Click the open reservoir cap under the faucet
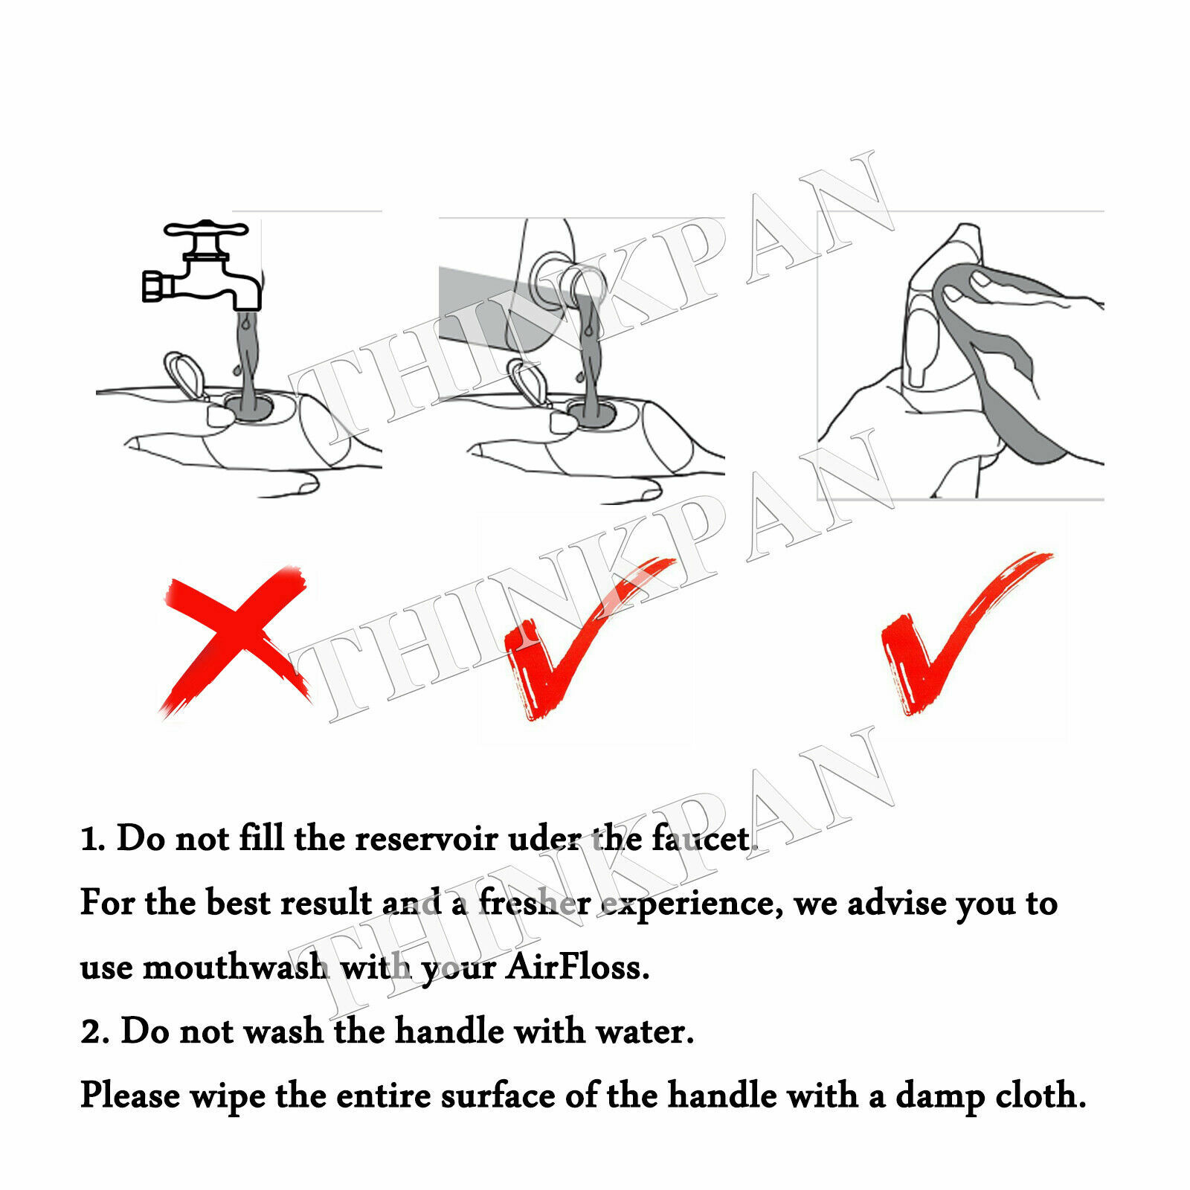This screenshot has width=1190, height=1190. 182,376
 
